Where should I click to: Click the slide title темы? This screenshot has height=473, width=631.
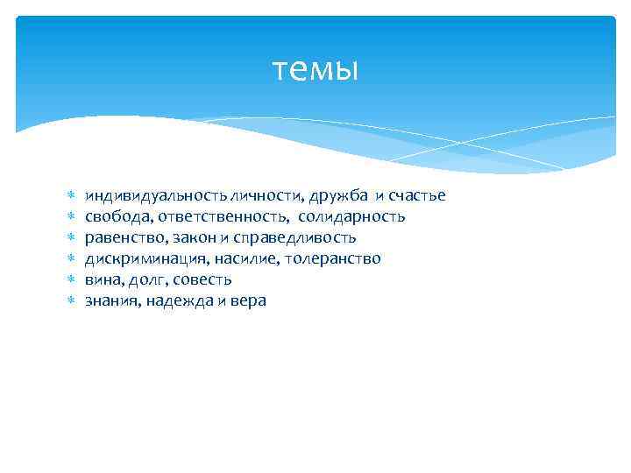pyautogui.click(x=315, y=69)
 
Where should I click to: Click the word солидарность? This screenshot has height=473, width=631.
pyautogui.click(x=351, y=216)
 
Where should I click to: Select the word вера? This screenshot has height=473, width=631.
pyautogui.click(x=248, y=300)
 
